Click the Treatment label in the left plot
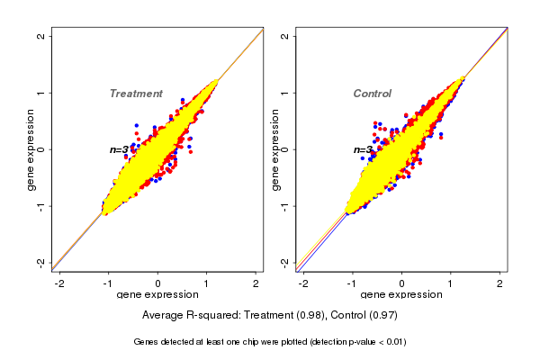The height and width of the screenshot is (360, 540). click(x=136, y=94)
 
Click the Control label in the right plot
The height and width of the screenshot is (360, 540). click(x=373, y=94)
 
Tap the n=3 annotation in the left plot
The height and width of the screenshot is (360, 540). click(x=120, y=149)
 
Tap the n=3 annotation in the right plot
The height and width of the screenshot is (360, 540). click(x=364, y=149)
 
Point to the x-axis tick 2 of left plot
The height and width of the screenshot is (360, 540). click(x=256, y=283)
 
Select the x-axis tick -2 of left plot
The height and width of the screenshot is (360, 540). click(x=58, y=283)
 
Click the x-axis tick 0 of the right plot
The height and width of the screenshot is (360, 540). click(x=402, y=283)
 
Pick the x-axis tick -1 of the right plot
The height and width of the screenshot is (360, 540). click(x=353, y=283)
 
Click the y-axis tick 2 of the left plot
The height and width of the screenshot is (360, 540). click(x=41, y=36)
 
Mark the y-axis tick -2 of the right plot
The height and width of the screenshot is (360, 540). click(x=285, y=262)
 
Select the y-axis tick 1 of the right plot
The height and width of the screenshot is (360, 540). click(x=285, y=93)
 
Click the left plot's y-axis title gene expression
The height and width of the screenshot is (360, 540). click(x=31, y=149)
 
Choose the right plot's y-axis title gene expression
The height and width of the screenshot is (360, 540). click(x=275, y=149)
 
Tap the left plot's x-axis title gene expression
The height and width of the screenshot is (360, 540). click(x=157, y=295)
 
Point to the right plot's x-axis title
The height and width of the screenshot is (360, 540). click(x=401, y=295)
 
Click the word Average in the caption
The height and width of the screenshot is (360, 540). click(x=165, y=316)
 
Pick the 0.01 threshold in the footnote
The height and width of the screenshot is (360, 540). click(x=393, y=342)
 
